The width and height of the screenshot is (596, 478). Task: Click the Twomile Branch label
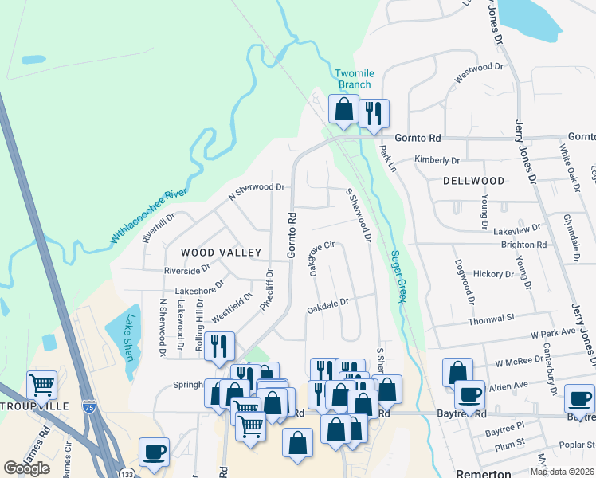click(352, 79)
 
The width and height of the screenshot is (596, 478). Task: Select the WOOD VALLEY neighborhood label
click(221, 253)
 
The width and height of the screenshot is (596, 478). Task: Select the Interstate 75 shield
click(88, 406)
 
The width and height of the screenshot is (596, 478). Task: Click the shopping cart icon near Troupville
click(42, 385)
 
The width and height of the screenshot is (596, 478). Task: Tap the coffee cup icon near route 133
click(153, 451)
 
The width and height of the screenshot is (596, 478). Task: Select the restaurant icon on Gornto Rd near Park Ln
click(373, 113)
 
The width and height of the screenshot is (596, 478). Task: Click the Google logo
click(26, 468)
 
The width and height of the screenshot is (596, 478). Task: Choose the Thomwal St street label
click(488, 318)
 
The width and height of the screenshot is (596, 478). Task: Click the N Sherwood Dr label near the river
click(257, 189)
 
